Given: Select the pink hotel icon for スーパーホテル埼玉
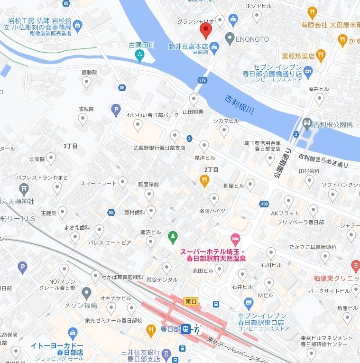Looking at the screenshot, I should tap(234, 238).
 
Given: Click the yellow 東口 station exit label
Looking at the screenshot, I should tap(191, 302).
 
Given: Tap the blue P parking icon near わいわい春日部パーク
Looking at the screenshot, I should tap(116, 111).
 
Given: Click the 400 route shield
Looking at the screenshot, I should tap(264, 204).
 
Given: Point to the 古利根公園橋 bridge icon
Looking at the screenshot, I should tap(307, 124).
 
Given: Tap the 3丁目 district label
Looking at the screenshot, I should tap(70, 146).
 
